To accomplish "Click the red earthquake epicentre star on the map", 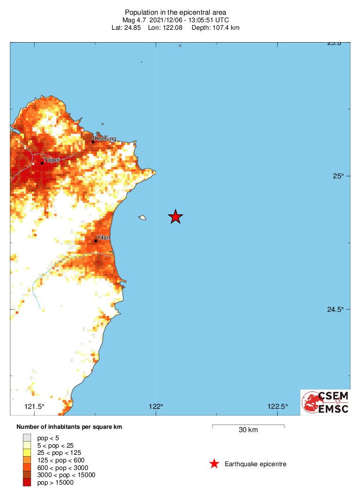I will tap(176, 216).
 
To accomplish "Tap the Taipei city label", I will tap(52, 160).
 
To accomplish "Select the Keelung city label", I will tap(105, 139).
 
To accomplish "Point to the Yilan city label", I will tap(103, 237).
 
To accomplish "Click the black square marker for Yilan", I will tap(96, 241).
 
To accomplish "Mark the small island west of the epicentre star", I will tap(142, 218).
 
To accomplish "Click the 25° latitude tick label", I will tap(338, 176).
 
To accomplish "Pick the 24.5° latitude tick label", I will tap(335, 310).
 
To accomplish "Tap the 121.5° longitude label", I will tap(35, 407).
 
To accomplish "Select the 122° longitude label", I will tap(156, 407).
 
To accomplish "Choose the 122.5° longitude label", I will tap(278, 407).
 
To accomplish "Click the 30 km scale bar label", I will tap(248, 430).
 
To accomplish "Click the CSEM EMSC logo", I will tap(325, 402).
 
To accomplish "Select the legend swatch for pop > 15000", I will tap(27, 482).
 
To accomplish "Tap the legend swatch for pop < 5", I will tap(27, 438).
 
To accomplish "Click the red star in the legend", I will tap(214, 464).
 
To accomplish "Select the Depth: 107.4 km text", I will tap(215, 28).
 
